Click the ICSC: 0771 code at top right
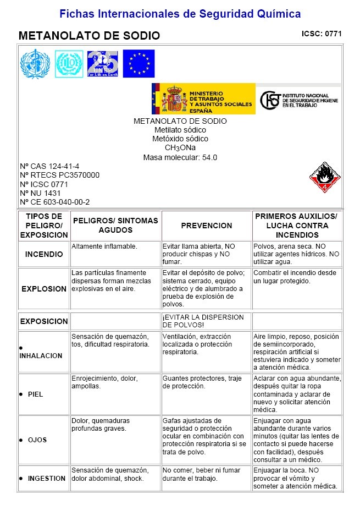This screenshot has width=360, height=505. click(x=322, y=34)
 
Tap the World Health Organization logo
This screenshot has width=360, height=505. click(x=35, y=64)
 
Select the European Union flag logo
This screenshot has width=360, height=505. click(x=139, y=64)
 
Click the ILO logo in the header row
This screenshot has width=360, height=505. click(x=69, y=64)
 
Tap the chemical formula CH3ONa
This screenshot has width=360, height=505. click(x=180, y=147)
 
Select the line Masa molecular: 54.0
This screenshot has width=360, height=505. click(x=180, y=157)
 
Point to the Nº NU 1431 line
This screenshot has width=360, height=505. click(x=40, y=193)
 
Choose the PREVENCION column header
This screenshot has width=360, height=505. click(x=207, y=226)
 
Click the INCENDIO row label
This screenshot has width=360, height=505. click(x=44, y=255)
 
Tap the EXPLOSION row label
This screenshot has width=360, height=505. click(x=44, y=289)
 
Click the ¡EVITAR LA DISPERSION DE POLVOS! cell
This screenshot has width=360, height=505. click(x=203, y=321)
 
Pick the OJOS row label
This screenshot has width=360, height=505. click(x=37, y=440)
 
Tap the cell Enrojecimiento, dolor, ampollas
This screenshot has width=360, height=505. click(x=105, y=382)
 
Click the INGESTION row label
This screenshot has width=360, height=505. click(x=47, y=479)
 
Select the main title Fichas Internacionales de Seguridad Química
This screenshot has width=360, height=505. click(x=180, y=13)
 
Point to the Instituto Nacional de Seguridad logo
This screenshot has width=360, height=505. click(x=300, y=100)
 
